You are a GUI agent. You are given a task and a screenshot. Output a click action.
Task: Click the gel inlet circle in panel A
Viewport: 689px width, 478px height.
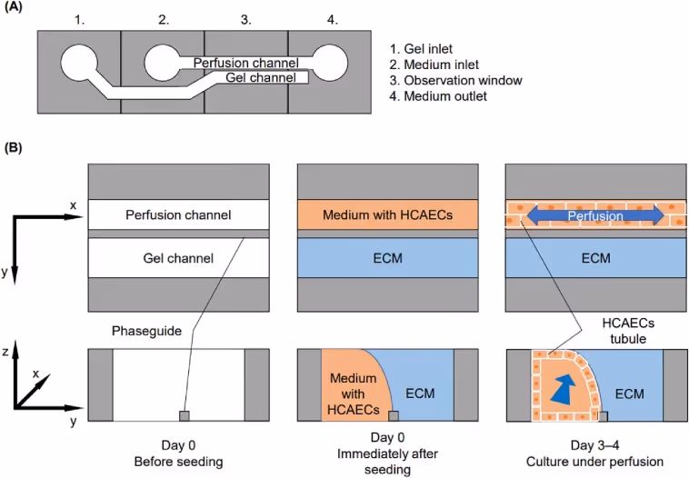click(79, 63)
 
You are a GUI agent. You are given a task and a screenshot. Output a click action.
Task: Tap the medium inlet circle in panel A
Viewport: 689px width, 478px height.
click(162, 63)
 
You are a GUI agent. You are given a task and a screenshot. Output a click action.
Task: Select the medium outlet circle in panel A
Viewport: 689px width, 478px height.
click(330, 63)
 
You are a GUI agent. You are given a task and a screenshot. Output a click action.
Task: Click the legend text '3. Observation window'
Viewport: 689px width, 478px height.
click(455, 80)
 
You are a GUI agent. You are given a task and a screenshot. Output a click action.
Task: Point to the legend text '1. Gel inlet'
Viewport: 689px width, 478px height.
click(421, 49)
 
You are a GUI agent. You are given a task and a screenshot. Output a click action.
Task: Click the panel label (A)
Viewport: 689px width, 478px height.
click(13, 7)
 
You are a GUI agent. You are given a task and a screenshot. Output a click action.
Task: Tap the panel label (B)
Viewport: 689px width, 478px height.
click(13, 147)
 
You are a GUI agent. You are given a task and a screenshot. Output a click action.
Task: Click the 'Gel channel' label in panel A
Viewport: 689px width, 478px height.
click(261, 78)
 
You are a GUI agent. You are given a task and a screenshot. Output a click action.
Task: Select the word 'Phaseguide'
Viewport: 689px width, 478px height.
click(146, 331)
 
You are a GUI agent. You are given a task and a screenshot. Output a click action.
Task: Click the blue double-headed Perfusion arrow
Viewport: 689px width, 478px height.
click(595, 215)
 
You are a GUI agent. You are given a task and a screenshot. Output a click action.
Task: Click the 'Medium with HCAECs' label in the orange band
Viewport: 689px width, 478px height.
click(387, 214)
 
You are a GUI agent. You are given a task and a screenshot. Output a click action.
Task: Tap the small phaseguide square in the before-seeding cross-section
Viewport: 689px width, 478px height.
click(185, 415)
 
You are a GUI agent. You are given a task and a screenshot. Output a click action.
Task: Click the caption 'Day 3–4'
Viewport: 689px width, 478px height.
click(595, 445)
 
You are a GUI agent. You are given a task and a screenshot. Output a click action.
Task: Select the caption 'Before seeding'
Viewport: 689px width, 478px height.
click(178, 462)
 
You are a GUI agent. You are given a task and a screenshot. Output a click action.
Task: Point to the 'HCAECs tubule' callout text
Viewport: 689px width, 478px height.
click(628, 331)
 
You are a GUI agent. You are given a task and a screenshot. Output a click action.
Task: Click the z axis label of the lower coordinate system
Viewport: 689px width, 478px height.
click(5, 352)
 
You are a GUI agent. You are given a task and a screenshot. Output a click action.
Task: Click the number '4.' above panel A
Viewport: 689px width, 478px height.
click(332, 20)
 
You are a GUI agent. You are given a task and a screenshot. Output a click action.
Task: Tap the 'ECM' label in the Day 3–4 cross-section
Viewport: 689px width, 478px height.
click(630, 393)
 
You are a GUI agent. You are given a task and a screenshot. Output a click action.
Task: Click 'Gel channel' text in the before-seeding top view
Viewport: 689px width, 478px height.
click(178, 258)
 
